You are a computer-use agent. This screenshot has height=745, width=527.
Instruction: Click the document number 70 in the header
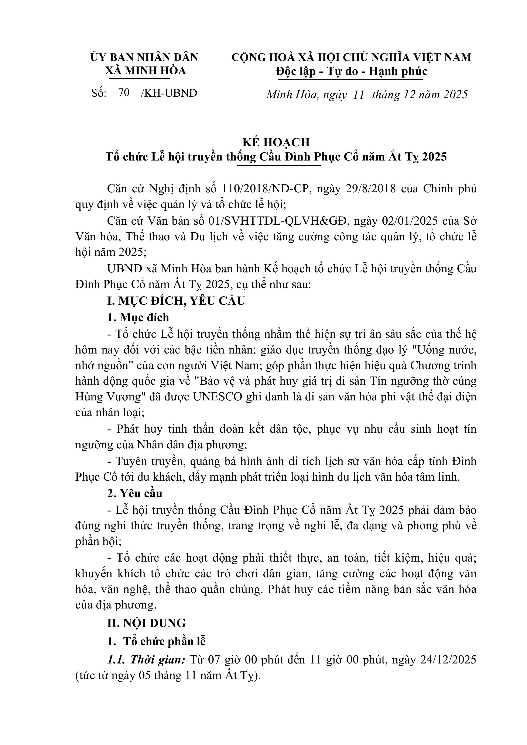click(124, 93)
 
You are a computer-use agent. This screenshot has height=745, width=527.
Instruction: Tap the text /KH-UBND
click(169, 93)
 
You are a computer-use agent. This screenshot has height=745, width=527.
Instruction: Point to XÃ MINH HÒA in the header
click(146, 71)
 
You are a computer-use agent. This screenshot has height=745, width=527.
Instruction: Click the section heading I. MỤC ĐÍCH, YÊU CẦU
click(176, 301)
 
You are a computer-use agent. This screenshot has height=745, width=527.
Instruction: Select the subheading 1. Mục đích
click(138, 317)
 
